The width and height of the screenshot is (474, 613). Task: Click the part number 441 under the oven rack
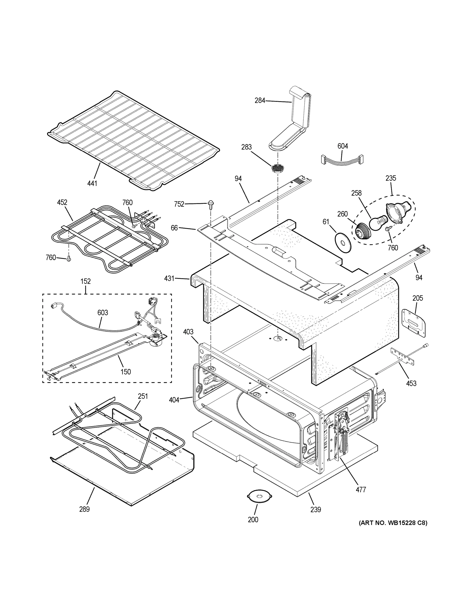pyautogui.click(x=92, y=183)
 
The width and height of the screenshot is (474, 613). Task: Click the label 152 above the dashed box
pyautogui.click(x=86, y=281)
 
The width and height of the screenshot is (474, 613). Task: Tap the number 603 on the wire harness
pyautogui.click(x=102, y=312)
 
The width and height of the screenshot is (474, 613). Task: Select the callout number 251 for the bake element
pyautogui.click(x=143, y=396)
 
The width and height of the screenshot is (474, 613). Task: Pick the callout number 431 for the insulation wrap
pyautogui.click(x=170, y=278)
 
